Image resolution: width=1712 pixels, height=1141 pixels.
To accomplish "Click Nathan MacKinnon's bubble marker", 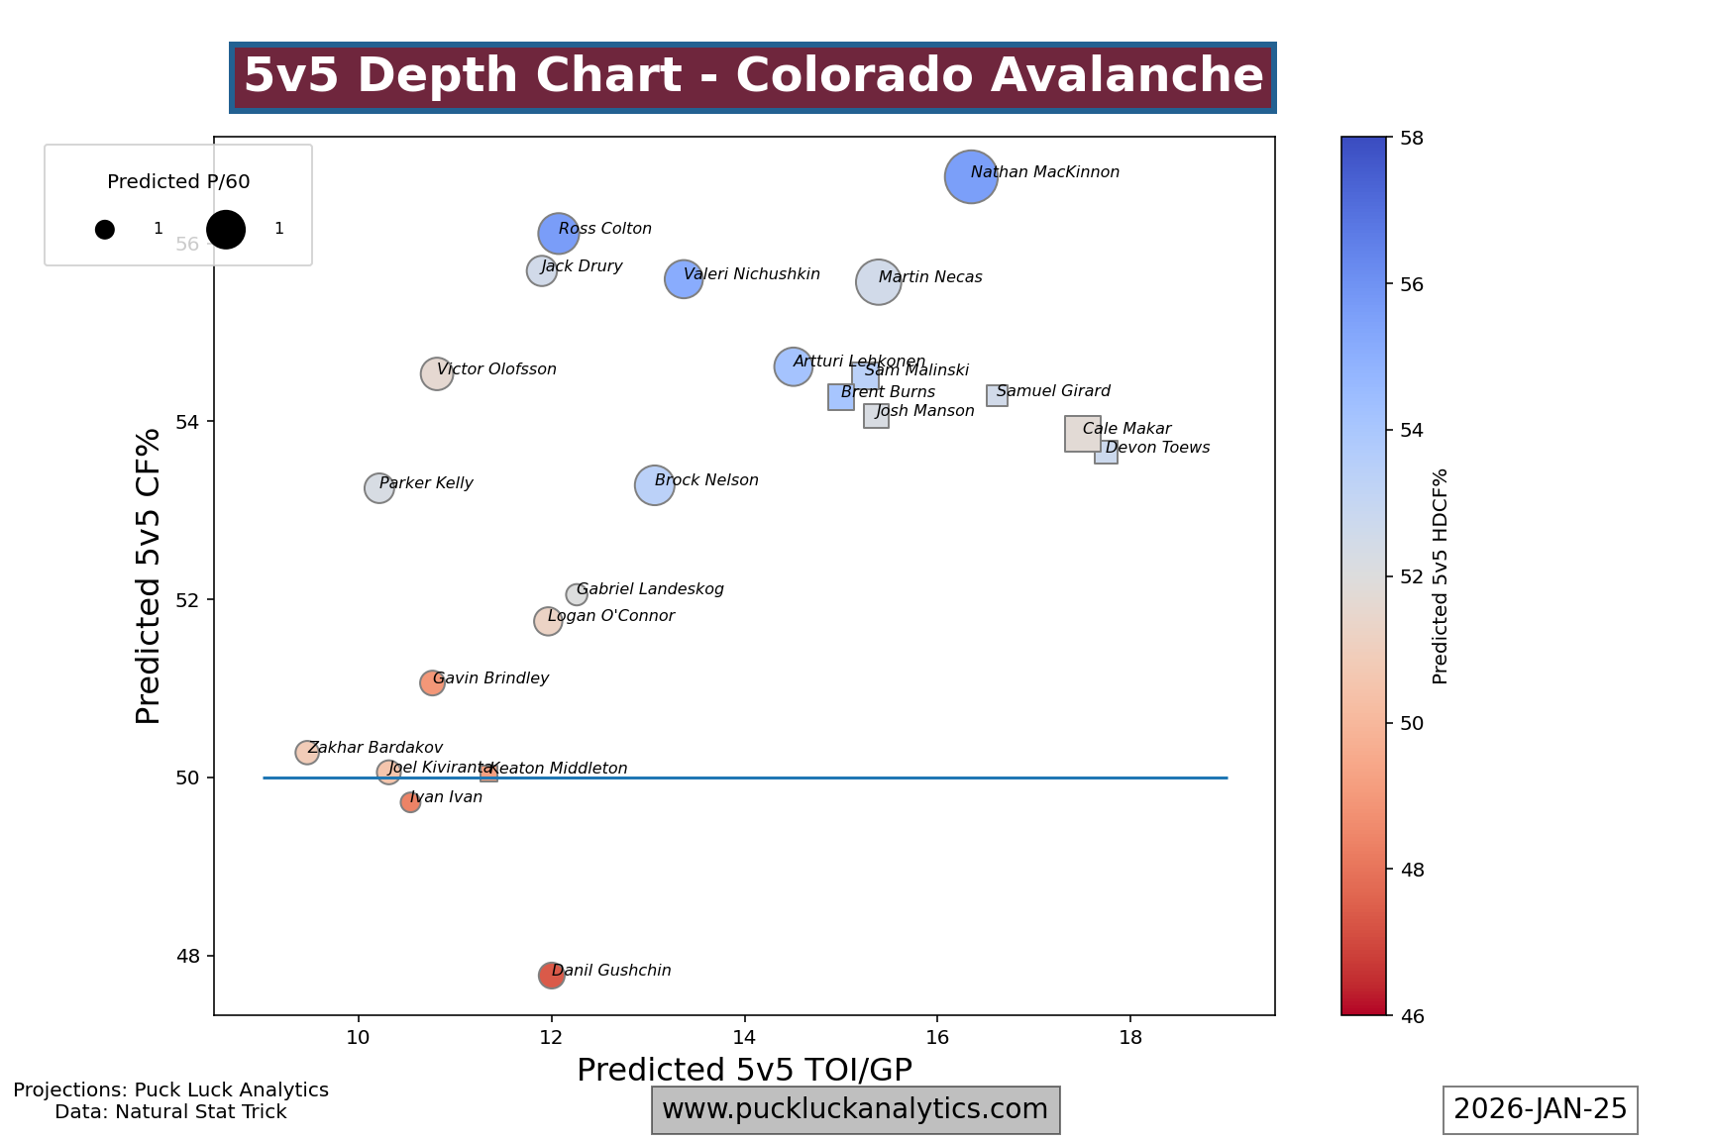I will point(971,177).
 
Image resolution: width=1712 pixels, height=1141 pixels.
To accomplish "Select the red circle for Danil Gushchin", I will point(552,976).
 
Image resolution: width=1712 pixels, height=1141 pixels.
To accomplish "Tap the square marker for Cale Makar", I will point(1082,434).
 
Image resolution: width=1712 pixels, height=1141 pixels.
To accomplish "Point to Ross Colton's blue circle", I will point(559,234).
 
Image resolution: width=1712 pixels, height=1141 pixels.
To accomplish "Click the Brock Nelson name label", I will point(706,480).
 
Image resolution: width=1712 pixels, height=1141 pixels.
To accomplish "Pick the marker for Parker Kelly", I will point(378,488).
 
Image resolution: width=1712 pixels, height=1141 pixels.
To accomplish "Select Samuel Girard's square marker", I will point(997,395).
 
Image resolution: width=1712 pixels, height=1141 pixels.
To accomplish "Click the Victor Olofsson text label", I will point(496,369).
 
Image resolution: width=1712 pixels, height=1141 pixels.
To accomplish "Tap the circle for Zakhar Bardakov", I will point(307,753).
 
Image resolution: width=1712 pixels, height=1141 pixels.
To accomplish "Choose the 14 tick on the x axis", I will point(744,1036).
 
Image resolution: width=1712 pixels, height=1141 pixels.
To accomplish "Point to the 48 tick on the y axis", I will point(187,956).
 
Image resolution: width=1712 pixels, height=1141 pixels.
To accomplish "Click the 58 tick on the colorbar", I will point(1412,138).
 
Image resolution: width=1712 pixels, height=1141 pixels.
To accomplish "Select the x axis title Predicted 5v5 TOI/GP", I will point(744,1070).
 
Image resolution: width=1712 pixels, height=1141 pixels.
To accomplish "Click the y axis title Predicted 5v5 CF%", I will point(149,575).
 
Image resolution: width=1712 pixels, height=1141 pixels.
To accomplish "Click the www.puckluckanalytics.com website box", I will point(855,1109).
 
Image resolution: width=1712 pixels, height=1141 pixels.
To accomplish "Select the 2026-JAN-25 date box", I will point(1540,1109).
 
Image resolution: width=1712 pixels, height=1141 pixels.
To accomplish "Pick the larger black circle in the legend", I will point(226,230).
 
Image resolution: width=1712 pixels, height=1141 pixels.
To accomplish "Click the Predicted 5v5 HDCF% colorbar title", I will point(1441,575).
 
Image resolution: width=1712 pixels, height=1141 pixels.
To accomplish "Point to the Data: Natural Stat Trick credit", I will point(170,1112).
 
